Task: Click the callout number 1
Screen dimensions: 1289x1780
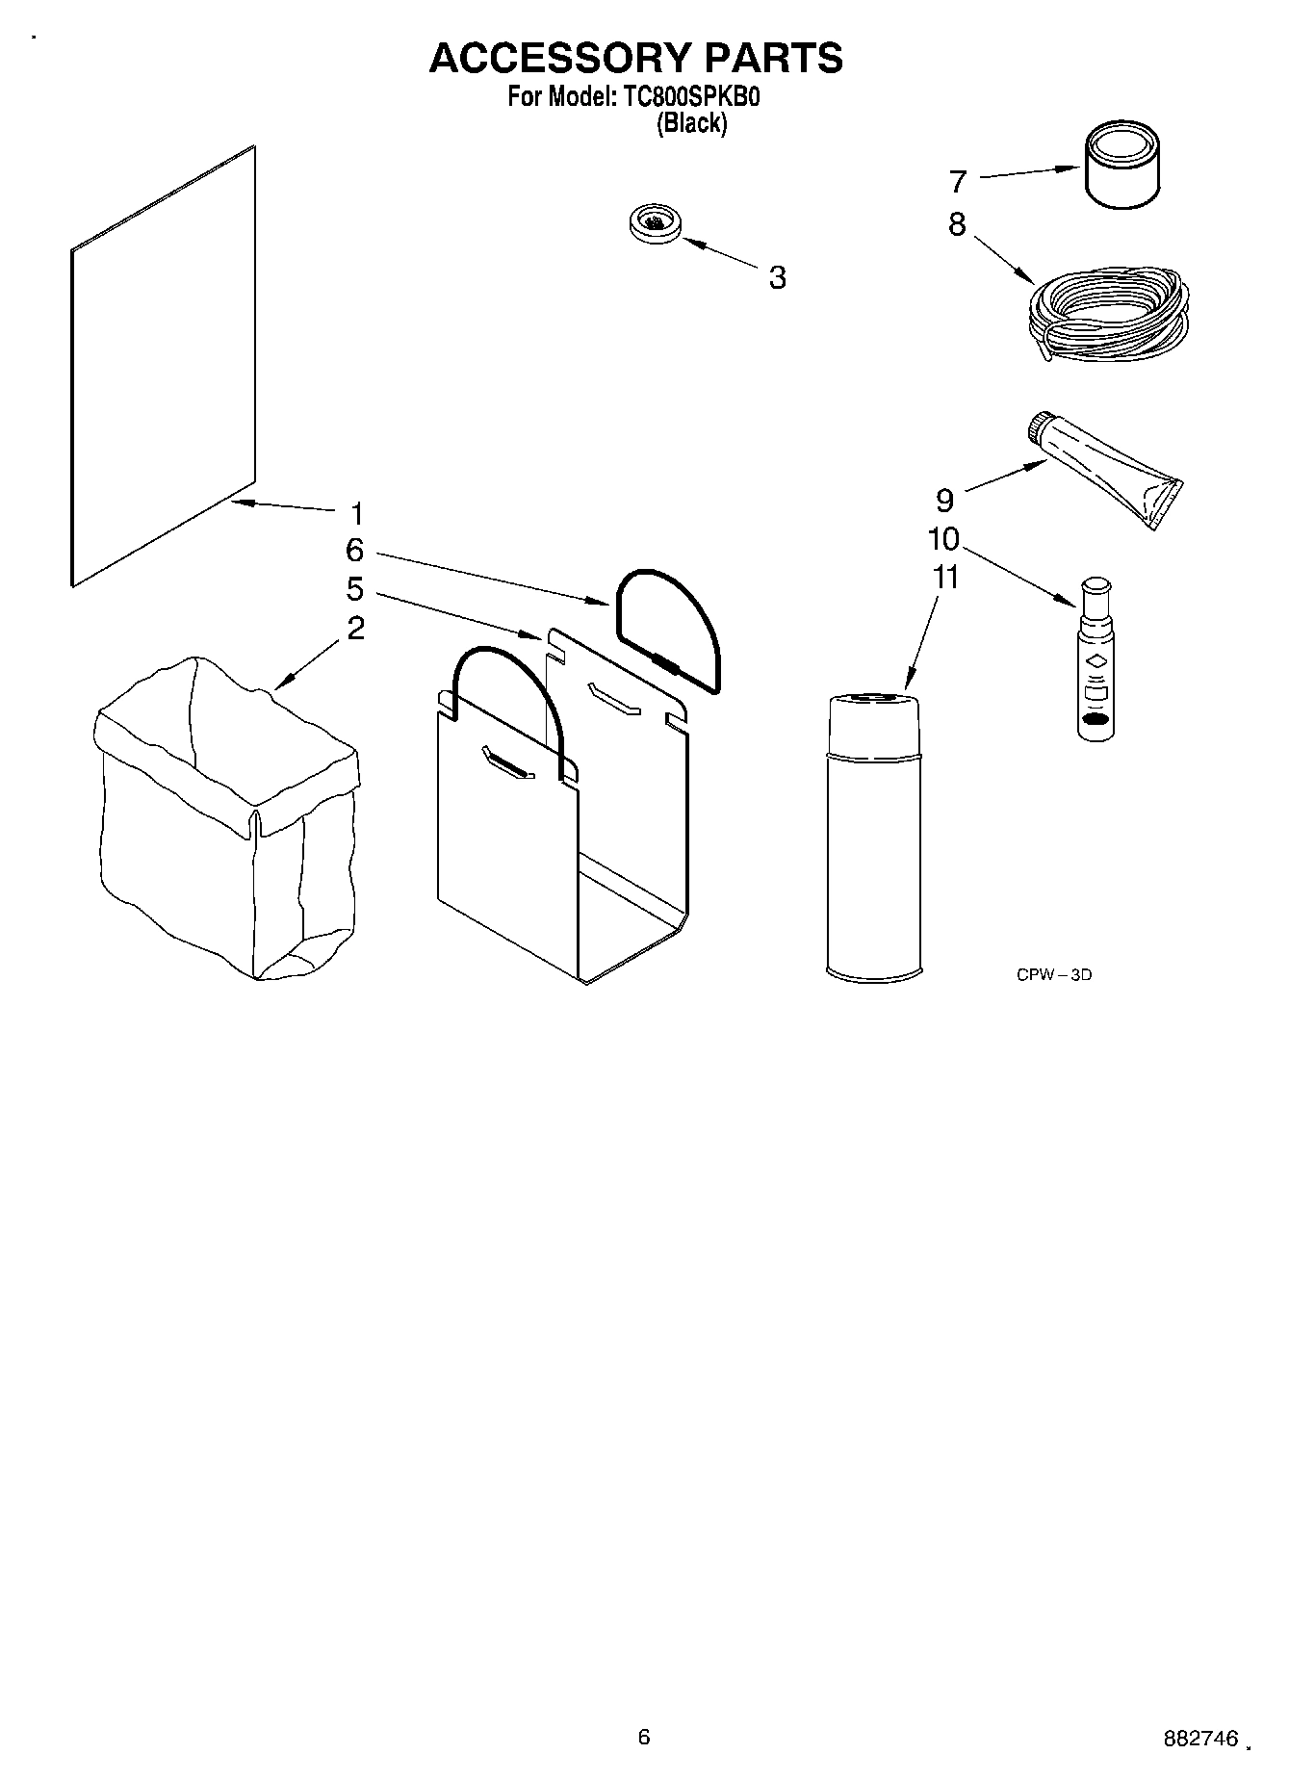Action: [x=356, y=513]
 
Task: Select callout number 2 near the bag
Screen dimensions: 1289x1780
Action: [x=356, y=629]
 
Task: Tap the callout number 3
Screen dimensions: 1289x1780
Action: [x=777, y=277]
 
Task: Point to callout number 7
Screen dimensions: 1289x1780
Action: [x=957, y=181]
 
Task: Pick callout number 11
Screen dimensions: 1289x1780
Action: [x=946, y=578]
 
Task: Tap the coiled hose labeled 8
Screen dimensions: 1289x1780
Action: [x=1107, y=318]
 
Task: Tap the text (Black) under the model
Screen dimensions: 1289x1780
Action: [x=691, y=123]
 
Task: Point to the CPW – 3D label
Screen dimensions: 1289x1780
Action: [x=1054, y=974]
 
